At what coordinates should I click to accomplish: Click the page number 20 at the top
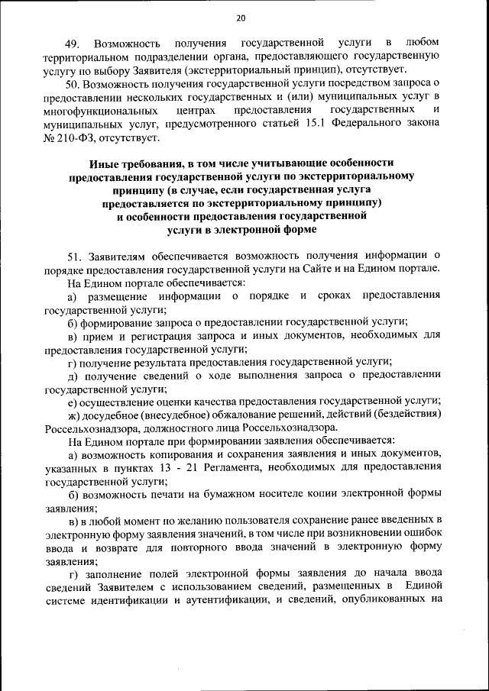(x=241, y=18)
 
